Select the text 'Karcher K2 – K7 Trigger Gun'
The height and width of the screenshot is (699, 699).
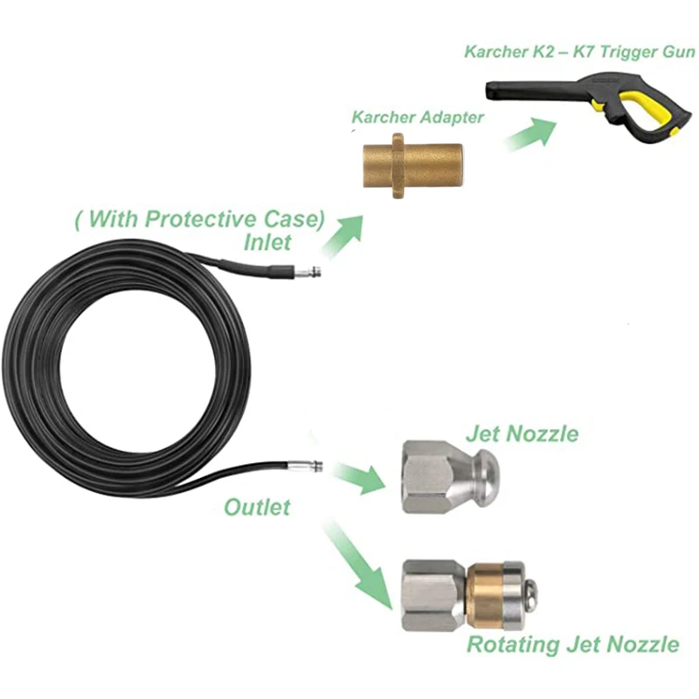coord(579,53)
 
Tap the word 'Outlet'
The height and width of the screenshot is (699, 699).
coord(257,507)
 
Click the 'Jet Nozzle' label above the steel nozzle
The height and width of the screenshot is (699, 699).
coord(523,433)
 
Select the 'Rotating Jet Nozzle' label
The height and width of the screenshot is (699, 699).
coord(572,645)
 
